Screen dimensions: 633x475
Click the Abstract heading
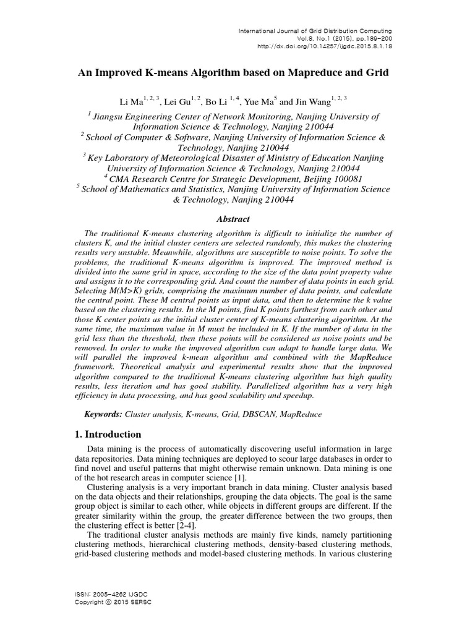(233, 219)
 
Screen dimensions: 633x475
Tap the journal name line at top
(315, 30)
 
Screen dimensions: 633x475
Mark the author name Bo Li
(217, 102)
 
